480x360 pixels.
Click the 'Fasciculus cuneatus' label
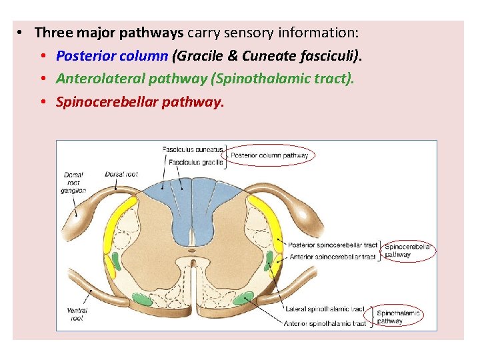193,149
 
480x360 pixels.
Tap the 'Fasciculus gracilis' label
195,162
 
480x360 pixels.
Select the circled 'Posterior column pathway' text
269,156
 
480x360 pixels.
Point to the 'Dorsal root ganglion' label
75,182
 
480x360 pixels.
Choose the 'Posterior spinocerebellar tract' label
333,245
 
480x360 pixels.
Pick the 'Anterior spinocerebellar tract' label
332,257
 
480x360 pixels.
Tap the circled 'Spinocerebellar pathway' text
407,251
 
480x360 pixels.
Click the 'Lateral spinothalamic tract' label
325,309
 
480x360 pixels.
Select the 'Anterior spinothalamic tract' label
325,323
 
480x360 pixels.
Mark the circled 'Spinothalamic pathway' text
399,317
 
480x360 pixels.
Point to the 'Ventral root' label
77,314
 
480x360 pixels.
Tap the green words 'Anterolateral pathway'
132,79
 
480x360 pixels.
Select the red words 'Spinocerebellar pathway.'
141,102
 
